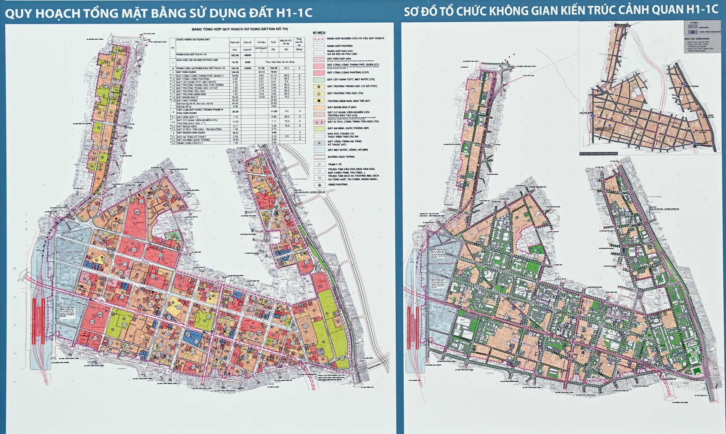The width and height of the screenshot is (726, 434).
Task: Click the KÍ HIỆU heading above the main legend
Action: pos(319,33)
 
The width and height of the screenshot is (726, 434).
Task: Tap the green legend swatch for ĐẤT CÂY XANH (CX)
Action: pos(319,80)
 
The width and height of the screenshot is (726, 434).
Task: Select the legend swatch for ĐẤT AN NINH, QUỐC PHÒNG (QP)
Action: pos(319,129)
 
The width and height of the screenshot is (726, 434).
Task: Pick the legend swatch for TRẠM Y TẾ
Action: pos(319,164)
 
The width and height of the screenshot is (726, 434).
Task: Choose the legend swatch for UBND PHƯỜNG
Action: pos(319,185)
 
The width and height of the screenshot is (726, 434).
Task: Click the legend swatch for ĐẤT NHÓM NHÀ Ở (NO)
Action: pos(319,107)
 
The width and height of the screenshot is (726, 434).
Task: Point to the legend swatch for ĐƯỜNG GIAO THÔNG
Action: pos(319,157)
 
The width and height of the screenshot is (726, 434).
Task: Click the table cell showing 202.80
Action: pos(235,55)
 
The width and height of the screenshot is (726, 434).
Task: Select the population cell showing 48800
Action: pos(247,55)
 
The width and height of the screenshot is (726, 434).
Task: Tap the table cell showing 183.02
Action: pos(235,68)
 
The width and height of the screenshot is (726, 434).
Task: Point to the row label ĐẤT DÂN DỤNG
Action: pos(186,72)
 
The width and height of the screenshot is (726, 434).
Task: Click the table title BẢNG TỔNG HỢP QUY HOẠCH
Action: pos(239,29)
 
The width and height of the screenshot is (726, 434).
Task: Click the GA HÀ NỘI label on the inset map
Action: pos(585,113)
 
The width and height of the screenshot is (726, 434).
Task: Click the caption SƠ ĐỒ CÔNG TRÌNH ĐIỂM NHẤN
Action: pos(598,154)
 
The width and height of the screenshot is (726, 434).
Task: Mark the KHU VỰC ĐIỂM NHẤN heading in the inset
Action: pos(696,39)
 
